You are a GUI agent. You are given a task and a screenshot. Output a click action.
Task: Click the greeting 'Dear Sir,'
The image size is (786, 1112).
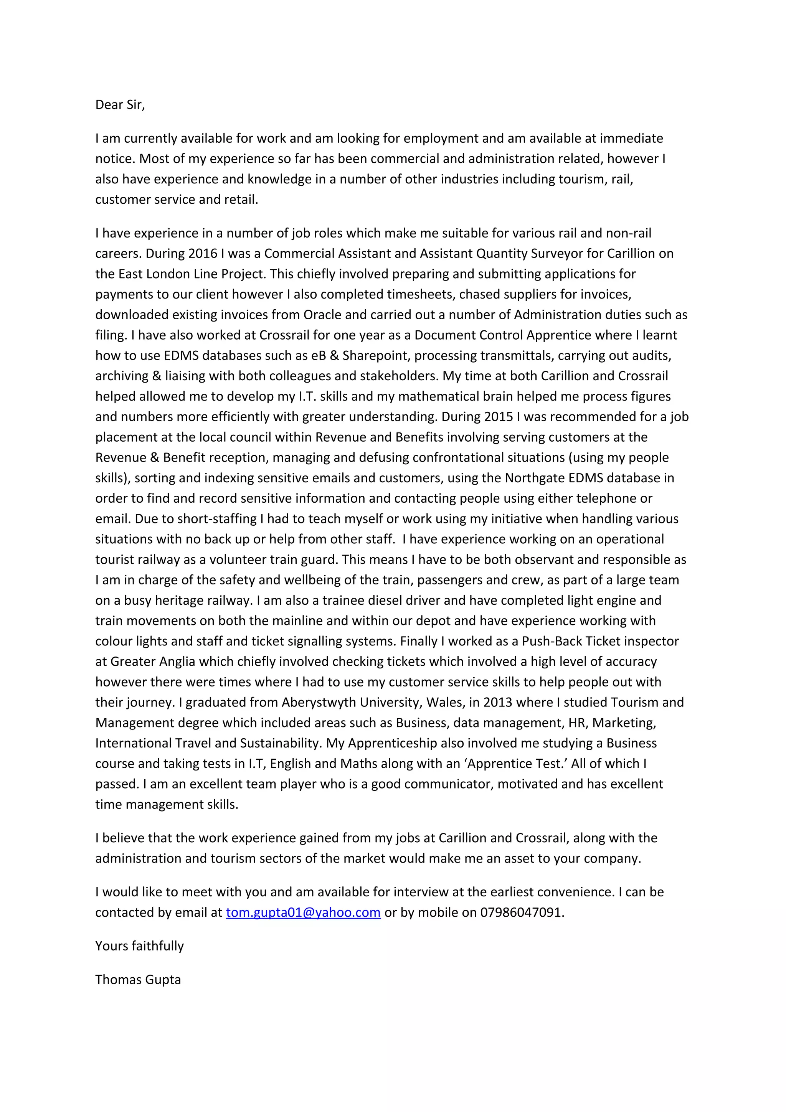tap(120, 105)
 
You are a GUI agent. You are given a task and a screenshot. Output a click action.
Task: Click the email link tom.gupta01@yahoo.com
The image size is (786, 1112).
tap(303, 912)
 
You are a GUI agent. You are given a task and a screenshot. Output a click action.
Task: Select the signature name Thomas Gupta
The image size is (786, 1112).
tap(138, 979)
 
